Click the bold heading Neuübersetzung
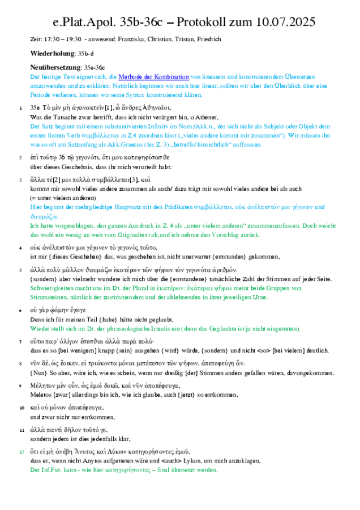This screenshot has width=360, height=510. pyautogui.click(x=56, y=68)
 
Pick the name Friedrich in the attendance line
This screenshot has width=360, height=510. pyautogui.click(x=207, y=39)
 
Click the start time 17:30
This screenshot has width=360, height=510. pyautogui.click(x=49, y=39)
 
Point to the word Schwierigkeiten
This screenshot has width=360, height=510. pyautogui.click(x=51, y=288)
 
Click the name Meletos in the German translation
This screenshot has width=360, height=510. pyautogui.click(x=40, y=395)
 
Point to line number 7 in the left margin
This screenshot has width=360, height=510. pyautogui.click(x=22, y=342)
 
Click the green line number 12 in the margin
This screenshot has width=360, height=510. pyautogui.click(x=22, y=452)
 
